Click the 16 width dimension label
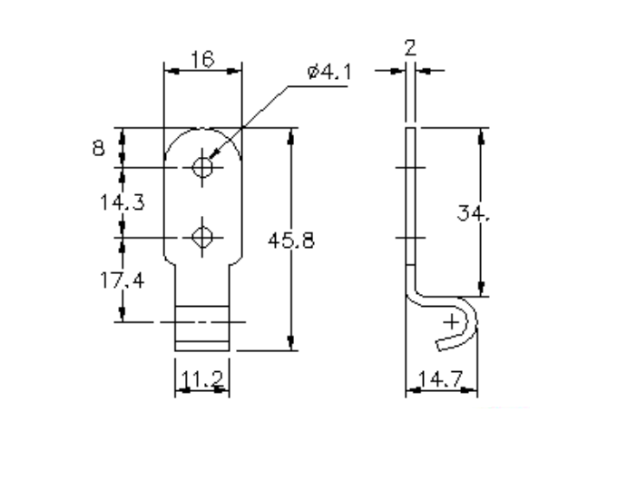[201, 60]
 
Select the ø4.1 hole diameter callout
[328, 72]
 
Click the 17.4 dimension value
[122, 280]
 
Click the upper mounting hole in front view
[203, 167]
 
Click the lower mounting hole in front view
[203, 237]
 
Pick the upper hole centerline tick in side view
[409, 167]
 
